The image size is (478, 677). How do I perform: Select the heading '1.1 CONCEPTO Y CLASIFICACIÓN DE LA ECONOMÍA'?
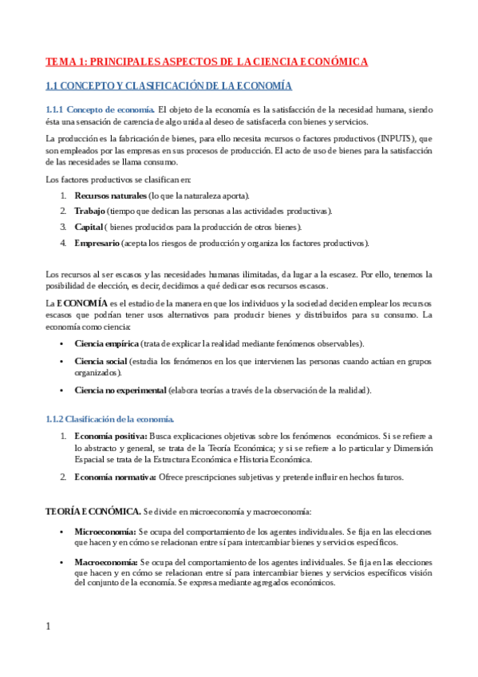coord(168,85)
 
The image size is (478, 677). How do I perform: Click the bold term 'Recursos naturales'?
coord(111,196)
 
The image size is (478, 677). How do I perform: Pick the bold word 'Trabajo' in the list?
coord(89,211)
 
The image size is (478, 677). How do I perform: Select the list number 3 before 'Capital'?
coord(63,227)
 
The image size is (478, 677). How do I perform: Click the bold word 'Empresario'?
coord(97,243)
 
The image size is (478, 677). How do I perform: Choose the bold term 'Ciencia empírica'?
coord(106,343)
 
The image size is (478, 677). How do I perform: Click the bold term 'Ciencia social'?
coord(101,362)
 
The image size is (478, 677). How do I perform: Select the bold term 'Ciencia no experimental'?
coord(120,390)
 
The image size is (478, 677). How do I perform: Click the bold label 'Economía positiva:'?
coord(110,437)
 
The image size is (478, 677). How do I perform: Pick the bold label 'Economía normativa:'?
coord(113,477)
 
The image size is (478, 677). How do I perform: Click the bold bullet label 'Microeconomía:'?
coord(105,531)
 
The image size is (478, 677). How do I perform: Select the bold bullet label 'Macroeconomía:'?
coord(106,562)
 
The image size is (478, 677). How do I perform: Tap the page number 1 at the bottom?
coord(48,627)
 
